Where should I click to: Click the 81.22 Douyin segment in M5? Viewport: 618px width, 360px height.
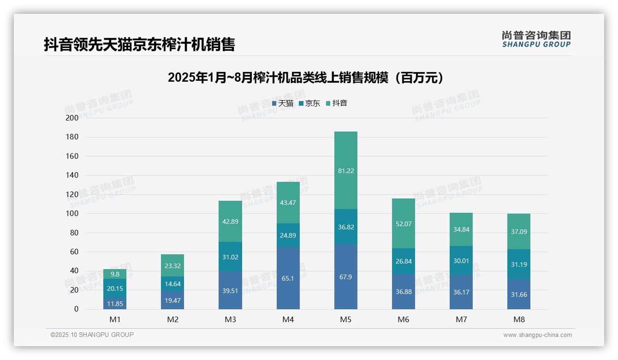(345, 171)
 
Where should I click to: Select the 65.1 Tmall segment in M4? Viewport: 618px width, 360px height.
(288, 278)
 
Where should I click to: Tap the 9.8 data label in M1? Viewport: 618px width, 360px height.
(115, 274)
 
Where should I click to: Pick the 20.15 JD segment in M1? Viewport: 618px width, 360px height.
(115, 288)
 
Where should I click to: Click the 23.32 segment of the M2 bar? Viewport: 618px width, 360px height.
(172, 265)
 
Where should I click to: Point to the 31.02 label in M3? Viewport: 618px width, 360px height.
(230, 257)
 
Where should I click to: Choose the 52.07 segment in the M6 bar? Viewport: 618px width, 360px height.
(403, 224)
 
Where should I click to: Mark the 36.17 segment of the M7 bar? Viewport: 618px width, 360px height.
(461, 292)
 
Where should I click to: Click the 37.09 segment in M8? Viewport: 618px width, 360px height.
(519, 232)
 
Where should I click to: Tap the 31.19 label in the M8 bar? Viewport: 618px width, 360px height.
(519, 265)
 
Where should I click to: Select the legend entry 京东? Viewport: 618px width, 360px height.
(309, 103)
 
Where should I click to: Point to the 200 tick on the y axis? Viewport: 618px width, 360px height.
(73, 118)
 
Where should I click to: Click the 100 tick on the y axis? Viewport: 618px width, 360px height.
(73, 214)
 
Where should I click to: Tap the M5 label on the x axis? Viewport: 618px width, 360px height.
(345, 319)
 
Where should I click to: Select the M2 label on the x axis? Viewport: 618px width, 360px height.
(172, 319)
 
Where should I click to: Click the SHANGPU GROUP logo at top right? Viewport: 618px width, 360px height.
(536, 39)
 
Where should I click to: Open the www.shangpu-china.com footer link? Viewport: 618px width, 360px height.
(537, 335)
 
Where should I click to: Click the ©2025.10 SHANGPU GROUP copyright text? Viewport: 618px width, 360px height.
(92, 335)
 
